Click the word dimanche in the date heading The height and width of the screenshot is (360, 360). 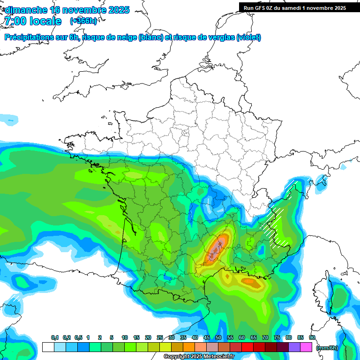26,10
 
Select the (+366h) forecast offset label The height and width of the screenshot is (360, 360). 83,21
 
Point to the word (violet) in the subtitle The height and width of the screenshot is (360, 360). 249,37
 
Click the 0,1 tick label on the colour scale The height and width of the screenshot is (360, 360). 54,338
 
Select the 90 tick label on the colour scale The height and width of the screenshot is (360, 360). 312,338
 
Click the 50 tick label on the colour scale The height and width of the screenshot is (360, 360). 218,338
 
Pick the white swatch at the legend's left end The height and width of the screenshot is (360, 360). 48,347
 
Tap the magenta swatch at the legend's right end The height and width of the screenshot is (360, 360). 306,347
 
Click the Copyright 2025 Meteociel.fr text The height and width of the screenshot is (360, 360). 199,357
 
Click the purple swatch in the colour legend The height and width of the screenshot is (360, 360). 294,347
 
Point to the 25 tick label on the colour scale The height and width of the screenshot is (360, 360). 160,338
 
